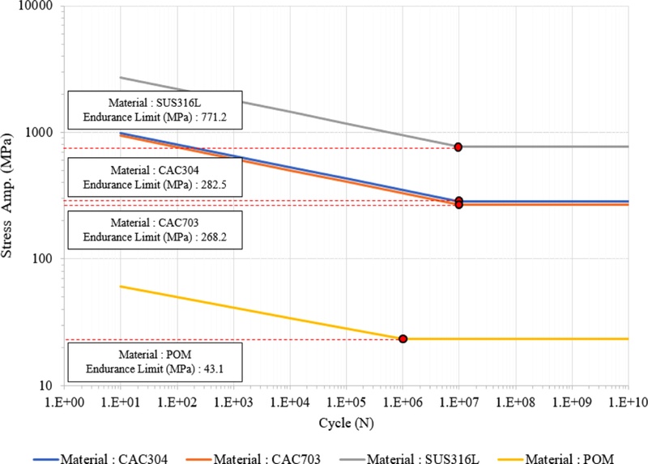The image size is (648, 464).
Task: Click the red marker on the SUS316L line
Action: (x=458, y=147)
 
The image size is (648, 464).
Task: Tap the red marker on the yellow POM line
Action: (x=403, y=338)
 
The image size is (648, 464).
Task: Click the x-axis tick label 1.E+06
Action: (x=403, y=401)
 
